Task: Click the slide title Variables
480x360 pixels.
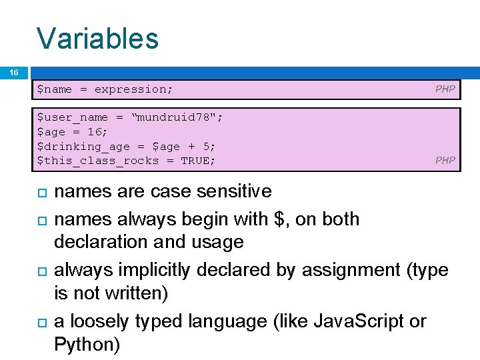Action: pyautogui.click(x=97, y=38)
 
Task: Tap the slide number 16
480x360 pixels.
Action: pyautogui.click(x=14, y=72)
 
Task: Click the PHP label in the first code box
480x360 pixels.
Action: pyautogui.click(x=445, y=89)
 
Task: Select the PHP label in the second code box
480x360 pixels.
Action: pyautogui.click(x=445, y=160)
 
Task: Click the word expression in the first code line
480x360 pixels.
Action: pyautogui.click(x=133, y=89)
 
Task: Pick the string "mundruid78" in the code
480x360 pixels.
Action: pyautogui.click(x=178, y=117)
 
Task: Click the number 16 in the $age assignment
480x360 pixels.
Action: pyautogui.click(x=90, y=132)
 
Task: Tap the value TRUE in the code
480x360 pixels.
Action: pyautogui.click(x=198, y=161)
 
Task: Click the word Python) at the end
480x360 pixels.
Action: pyautogui.click(x=87, y=345)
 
